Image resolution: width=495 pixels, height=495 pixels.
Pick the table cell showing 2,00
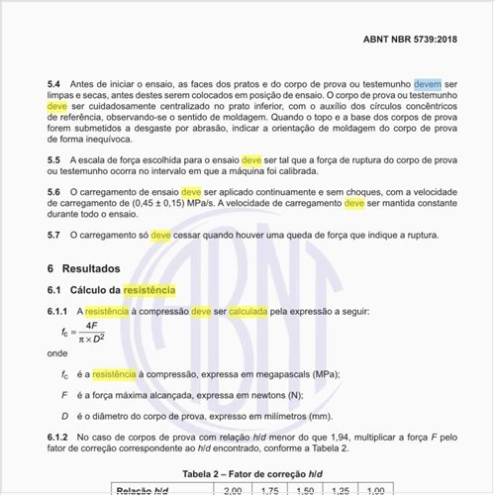(x=234, y=489)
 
